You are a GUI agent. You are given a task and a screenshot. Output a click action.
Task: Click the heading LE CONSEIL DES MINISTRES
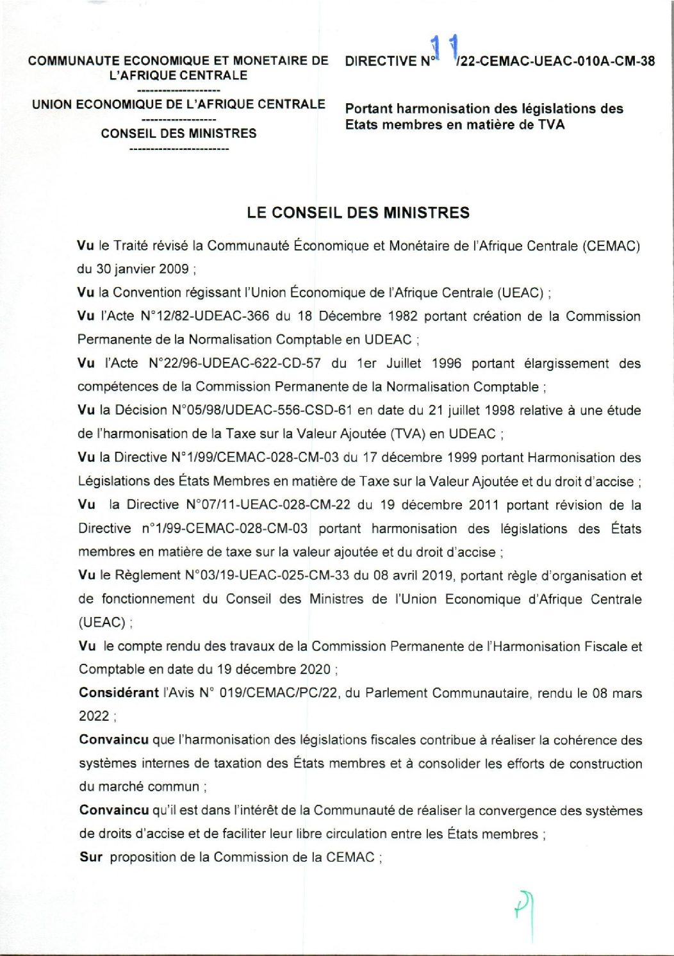pyautogui.click(x=358, y=213)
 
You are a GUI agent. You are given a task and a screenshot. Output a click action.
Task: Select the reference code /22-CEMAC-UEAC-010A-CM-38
pyautogui.click(x=555, y=62)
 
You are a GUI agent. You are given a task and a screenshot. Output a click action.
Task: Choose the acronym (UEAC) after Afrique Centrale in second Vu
pyautogui.click(x=521, y=293)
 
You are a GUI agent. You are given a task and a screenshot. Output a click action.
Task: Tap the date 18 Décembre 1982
pyautogui.click(x=351, y=317)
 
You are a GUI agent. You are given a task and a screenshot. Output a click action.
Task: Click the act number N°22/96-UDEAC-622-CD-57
pyautogui.click(x=234, y=364)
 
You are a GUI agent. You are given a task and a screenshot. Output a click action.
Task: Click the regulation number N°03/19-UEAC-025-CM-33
pyautogui.click(x=267, y=575)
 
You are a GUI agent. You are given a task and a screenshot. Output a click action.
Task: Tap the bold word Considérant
pyautogui.click(x=119, y=693)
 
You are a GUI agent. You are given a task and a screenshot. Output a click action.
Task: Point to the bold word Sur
pyautogui.click(x=90, y=857)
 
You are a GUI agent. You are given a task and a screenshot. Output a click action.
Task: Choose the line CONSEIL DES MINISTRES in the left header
pyautogui.click(x=179, y=133)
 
